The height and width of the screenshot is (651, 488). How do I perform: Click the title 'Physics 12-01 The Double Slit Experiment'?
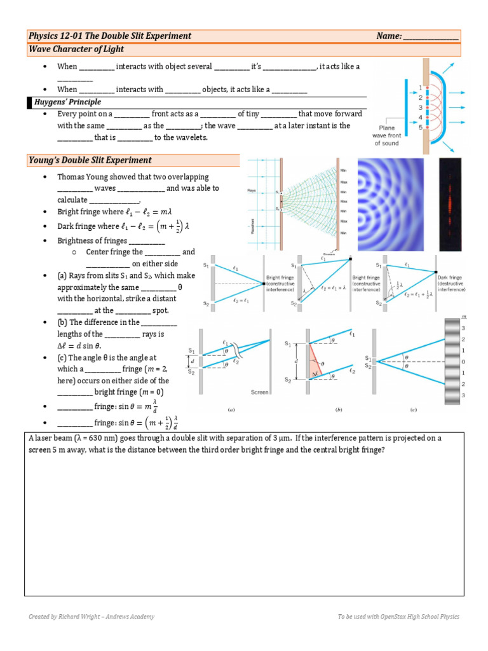point(110,36)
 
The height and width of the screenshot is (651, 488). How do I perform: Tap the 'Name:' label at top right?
point(388,36)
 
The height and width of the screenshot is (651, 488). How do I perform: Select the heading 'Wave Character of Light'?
point(77,50)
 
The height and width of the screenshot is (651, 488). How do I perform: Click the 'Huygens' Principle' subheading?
point(69,102)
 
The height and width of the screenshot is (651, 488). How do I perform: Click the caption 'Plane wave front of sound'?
point(386,135)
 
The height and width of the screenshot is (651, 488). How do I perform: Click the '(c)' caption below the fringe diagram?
point(413,410)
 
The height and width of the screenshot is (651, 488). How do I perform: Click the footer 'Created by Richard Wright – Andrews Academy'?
point(91,617)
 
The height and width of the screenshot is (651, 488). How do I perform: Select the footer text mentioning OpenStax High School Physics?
point(398,617)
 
